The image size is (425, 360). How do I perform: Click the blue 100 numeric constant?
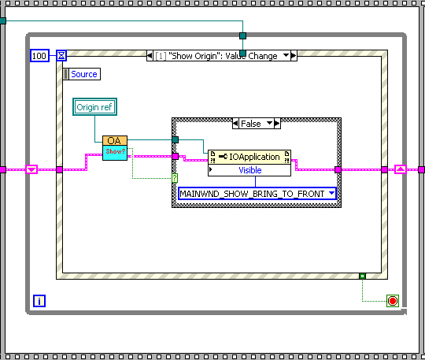point(39,55)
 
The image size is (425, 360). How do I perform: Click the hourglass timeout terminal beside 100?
point(61,55)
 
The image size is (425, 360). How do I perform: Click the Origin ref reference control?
point(94,106)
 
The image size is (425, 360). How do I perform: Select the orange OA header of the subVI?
point(114,140)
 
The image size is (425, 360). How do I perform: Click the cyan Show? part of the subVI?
point(114,152)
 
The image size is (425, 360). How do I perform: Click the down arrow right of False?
point(269,124)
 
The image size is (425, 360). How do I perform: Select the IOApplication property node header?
point(249,157)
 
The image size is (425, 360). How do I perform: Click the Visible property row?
point(249,169)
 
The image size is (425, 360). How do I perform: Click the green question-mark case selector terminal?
point(175,177)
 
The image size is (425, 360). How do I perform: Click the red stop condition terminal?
point(393,300)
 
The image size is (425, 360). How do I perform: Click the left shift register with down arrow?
point(31,169)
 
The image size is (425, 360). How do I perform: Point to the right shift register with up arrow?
point(400,169)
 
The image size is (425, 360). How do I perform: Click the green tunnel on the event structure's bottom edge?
point(362,276)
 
